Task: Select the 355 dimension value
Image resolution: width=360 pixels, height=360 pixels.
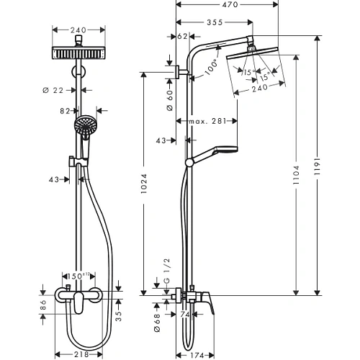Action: pyautogui.click(x=212, y=22)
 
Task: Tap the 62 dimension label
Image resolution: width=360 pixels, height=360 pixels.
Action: pyautogui.click(x=181, y=36)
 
